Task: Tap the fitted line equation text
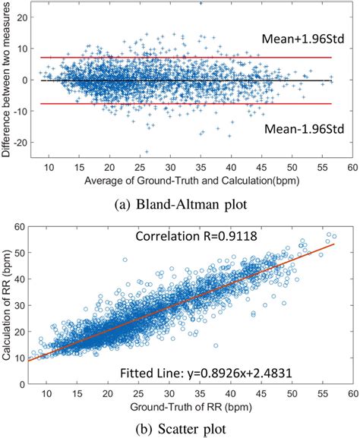[202, 372]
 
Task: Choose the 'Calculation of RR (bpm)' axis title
[9, 304]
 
